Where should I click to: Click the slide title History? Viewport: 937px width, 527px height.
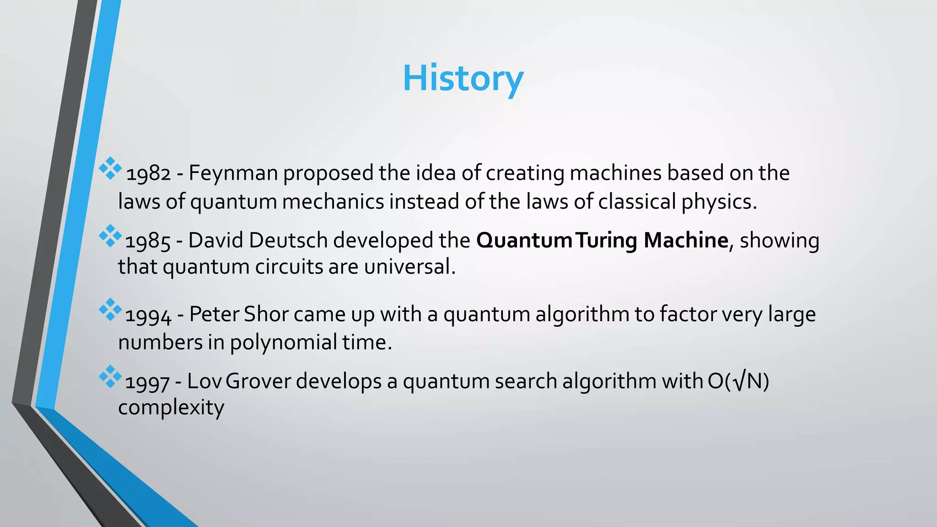pos(463,79)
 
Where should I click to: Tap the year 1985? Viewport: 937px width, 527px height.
pos(147,242)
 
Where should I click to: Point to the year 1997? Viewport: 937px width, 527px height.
pos(147,382)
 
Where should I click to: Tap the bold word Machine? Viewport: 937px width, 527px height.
pos(685,241)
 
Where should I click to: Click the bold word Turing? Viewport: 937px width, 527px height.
pos(606,241)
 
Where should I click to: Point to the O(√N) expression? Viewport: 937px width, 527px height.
pos(738,382)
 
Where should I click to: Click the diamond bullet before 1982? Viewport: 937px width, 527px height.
pos(110,168)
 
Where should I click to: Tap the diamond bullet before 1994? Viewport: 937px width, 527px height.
pos(110,310)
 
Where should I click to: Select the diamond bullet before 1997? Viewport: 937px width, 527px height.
pos(110,376)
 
